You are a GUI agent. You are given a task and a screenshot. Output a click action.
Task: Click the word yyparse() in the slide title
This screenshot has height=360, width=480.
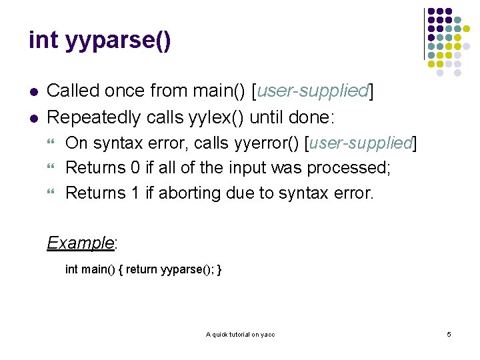click(x=118, y=41)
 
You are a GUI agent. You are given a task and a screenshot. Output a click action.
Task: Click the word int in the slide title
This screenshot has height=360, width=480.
click(x=43, y=40)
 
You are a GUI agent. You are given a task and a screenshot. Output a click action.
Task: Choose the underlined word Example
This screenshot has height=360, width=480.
click(x=80, y=242)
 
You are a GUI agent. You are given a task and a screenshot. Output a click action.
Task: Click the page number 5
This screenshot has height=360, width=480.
click(x=449, y=334)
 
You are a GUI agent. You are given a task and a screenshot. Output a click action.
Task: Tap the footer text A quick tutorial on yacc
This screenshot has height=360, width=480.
click(x=240, y=334)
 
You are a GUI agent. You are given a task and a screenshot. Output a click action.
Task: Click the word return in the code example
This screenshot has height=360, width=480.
click(x=141, y=269)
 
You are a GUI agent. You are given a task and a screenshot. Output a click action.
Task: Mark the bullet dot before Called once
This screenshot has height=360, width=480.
click(x=33, y=91)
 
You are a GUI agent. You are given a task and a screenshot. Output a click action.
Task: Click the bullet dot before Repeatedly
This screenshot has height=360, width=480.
click(x=33, y=118)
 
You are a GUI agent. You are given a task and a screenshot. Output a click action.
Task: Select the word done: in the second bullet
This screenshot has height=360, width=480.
click(x=313, y=117)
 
